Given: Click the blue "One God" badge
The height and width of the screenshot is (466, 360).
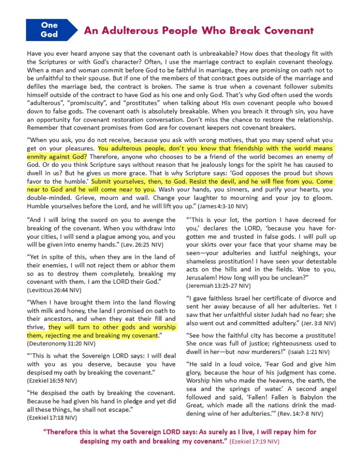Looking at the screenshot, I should click(49, 30).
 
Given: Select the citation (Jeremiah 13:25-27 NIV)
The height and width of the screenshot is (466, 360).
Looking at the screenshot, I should click(218, 286).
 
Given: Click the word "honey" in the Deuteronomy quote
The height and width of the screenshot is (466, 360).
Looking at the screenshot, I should click(57, 310).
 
